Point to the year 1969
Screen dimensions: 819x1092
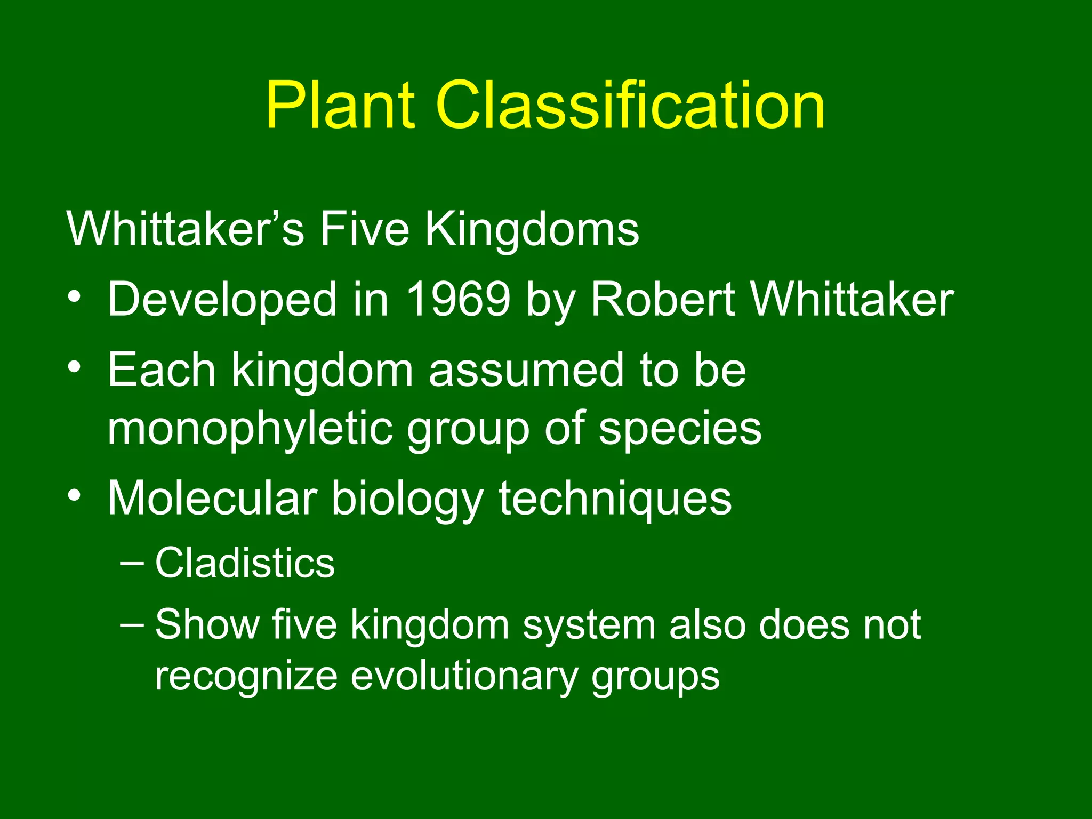click(458, 299)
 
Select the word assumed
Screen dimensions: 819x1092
click(525, 370)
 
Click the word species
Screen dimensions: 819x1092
click(680, 430)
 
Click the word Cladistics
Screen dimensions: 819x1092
click(245, 563)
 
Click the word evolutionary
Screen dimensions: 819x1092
click(464, 677)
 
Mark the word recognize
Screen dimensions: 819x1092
click(246, 677)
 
